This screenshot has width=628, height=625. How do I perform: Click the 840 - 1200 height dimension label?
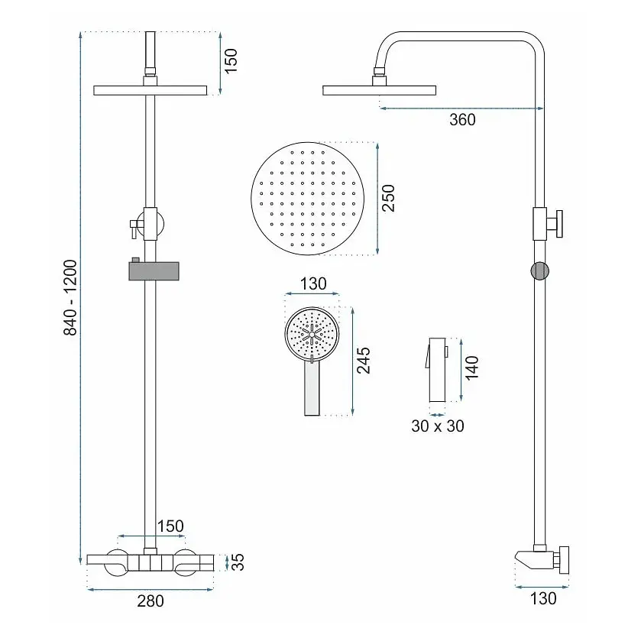click(x=70, y=297)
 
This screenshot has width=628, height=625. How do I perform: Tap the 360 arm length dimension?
click(x=462, y=120)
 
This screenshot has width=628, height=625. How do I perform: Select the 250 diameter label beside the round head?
click(x=388, y=198)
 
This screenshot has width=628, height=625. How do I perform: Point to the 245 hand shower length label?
click(x=363, y=361)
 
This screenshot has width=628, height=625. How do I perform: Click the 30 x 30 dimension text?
click(x=437, y=426)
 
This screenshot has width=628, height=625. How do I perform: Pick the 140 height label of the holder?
click(x=472, y=368)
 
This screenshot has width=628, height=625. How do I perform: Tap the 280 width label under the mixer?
click(x=151, y=601)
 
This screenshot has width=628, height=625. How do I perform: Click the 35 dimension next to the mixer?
click(x=238, y=562)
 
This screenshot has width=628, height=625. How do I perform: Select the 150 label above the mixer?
click(x=170, y=526)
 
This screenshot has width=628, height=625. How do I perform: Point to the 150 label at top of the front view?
click(x=231, y=61)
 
